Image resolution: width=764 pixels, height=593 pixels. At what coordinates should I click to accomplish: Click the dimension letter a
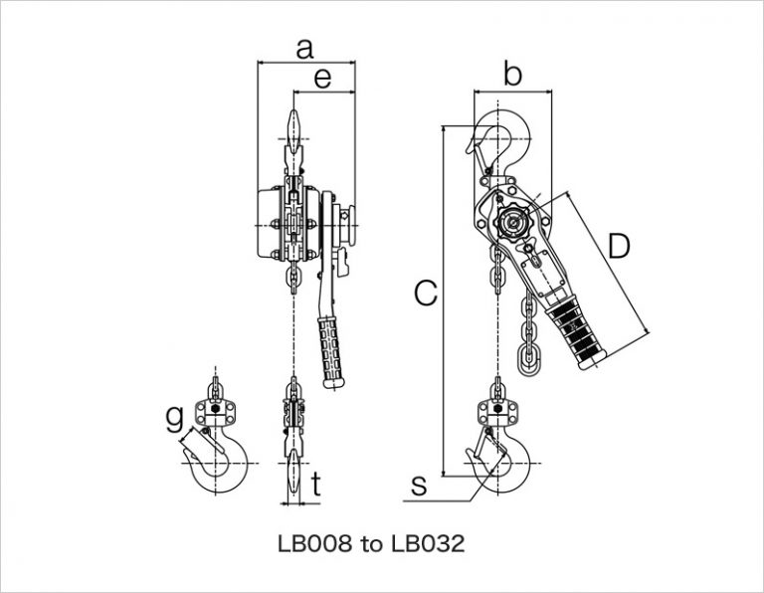point(305,47)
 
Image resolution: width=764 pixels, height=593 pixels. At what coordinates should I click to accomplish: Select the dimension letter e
point(322,79)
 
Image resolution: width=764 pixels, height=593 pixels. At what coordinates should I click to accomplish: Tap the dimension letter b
point(511,74)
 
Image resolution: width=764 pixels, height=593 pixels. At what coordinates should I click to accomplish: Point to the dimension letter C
point(425,293)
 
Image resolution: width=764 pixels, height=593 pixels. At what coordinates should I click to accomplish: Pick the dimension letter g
point(173,414)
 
